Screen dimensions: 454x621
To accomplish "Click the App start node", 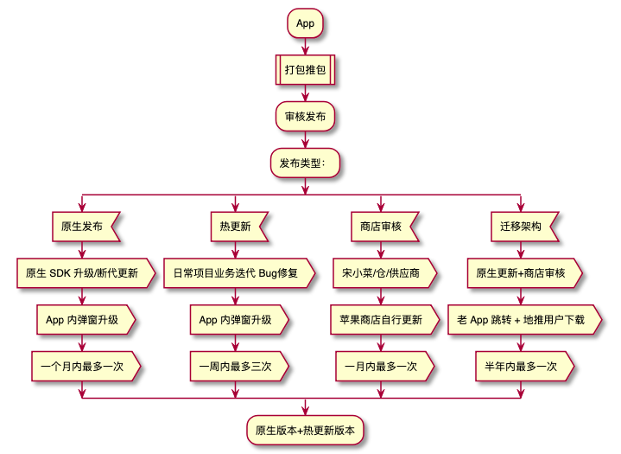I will (305, 23).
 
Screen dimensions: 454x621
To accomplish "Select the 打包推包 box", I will (305, 70).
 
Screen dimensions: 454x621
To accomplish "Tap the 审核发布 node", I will (305, 117).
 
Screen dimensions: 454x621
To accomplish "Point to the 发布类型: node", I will (305, 163).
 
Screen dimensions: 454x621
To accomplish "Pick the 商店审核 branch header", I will (381, 227).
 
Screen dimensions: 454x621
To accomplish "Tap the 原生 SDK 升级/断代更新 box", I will (83, 273).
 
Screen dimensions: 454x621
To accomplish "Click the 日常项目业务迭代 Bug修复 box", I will (235, 273).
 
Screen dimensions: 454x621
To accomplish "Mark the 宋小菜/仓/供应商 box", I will (381, 273).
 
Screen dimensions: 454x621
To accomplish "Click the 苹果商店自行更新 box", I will (381, 320).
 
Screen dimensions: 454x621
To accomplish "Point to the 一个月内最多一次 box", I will (83, 367).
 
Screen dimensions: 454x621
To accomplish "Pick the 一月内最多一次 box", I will (381, 367).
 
